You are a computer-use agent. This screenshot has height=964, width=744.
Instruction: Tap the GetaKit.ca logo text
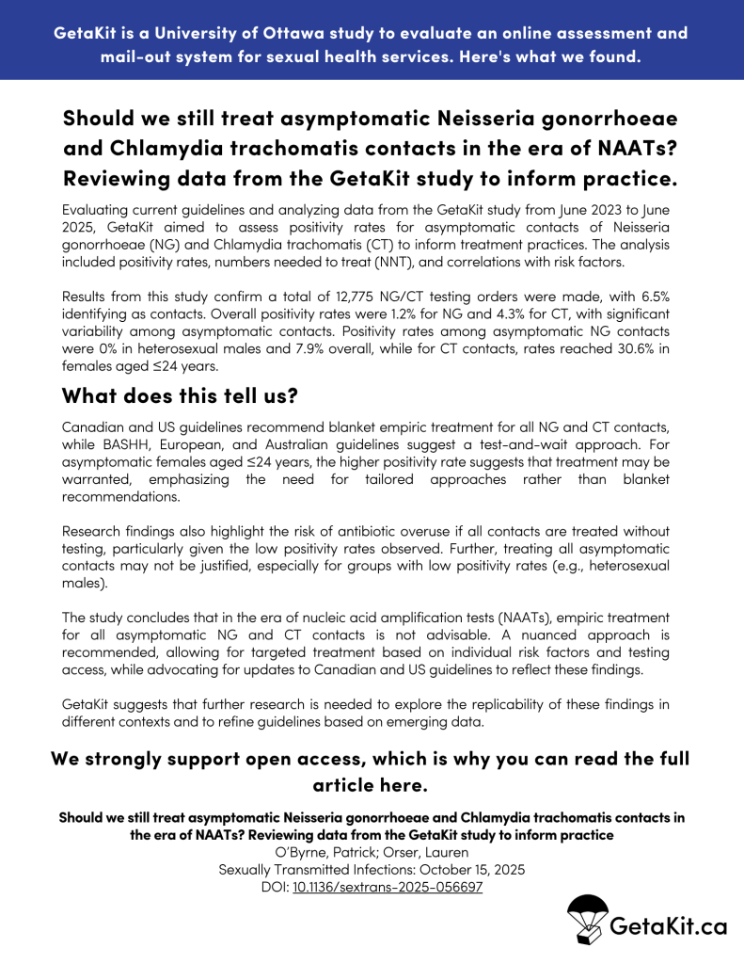coord(668,926)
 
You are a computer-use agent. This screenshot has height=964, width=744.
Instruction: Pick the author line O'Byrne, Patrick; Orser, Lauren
coord(372,852)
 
